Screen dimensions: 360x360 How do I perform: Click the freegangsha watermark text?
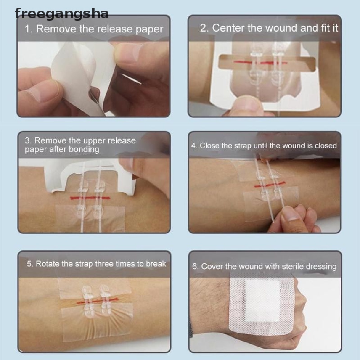click(62, 14)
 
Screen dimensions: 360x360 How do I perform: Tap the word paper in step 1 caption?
click(149, 30)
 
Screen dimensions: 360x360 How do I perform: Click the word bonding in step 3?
click(84, 150)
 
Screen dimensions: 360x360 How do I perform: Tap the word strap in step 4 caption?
click(243, 146)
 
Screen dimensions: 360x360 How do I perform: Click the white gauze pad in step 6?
click(262, 301)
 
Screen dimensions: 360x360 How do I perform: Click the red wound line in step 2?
click(260, 62)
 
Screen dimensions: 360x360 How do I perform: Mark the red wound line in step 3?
click(90, 198)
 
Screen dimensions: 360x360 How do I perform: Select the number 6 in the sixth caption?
click(194, 266)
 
